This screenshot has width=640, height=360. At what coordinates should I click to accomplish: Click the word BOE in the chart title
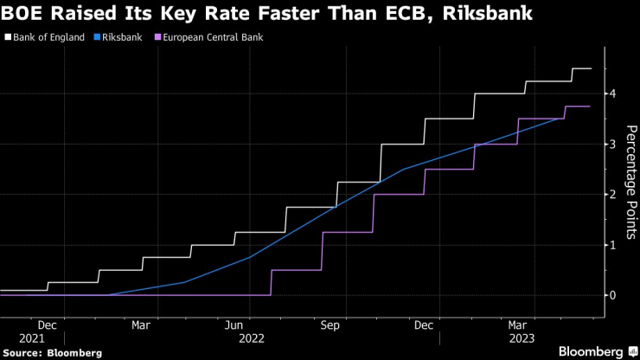[26, 14]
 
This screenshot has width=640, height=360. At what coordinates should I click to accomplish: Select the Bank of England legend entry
[48, 38]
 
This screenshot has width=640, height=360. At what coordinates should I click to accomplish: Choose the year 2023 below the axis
[522, 338]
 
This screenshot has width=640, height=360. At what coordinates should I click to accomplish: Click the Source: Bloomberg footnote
[52, 352]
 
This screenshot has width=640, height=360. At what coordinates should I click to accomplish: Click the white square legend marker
[8, 38]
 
